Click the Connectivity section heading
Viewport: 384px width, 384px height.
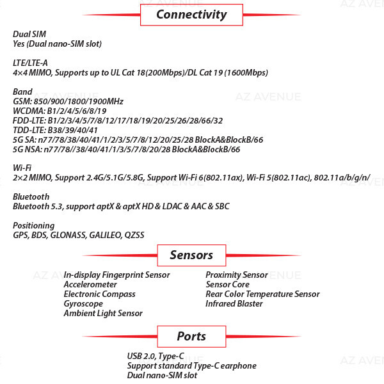pyautogui.click(x=191, y=14)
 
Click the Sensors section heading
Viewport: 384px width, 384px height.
pyautogui.click(x=191, y=255)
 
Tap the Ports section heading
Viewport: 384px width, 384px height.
pyautogui.click(x=191, y=336)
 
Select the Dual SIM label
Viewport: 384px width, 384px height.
pyautogui.click(x=29, y=34)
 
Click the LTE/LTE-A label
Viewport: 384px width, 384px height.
pyautogui.click(x=30, y=63)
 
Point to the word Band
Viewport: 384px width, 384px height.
pyautogui.click(x=22, y=92)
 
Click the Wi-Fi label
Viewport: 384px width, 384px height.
pyautogui.click(x=22, y=167)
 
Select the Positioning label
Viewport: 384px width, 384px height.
pyautogui.click(x=34, y=225)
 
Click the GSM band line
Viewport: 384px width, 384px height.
pyautogui.click(x=68, y=102)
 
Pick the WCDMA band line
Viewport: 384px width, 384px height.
pyautogui.click(x=60, y=111)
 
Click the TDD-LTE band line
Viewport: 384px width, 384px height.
pyautogui.click(x=55, y=131)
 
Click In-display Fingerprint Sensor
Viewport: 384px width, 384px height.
pyautogui.click(x=116, y=275)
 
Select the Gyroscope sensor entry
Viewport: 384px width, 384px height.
pyautogui.click(x=83, y=303)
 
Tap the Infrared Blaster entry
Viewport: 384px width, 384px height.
pyautogui.click(x=234, y=303)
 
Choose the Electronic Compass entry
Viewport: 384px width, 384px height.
pyautogui.click(x=99, y=294)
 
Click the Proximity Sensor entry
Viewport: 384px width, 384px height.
pyautogui.click(x=237, y=275)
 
